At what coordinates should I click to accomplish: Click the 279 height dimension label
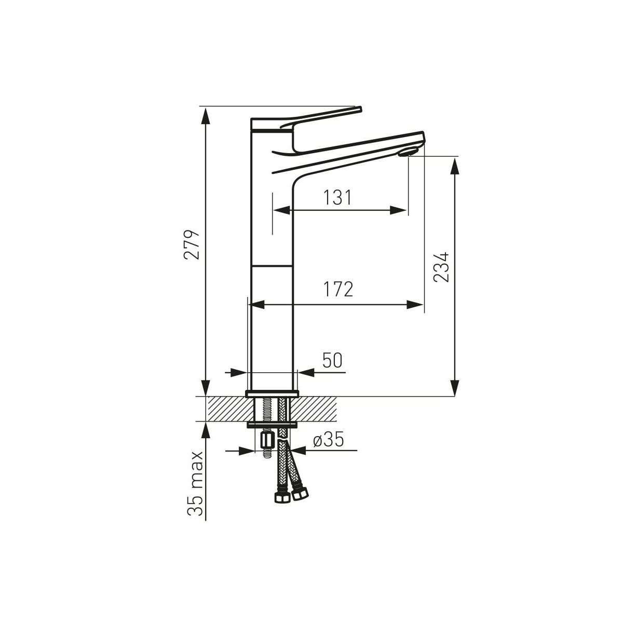192,245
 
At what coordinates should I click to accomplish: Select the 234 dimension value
441,267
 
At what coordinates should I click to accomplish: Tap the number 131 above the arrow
337,197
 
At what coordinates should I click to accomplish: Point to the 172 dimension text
338,289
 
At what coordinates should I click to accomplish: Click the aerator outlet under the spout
408,152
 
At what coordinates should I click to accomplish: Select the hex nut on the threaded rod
267,440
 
